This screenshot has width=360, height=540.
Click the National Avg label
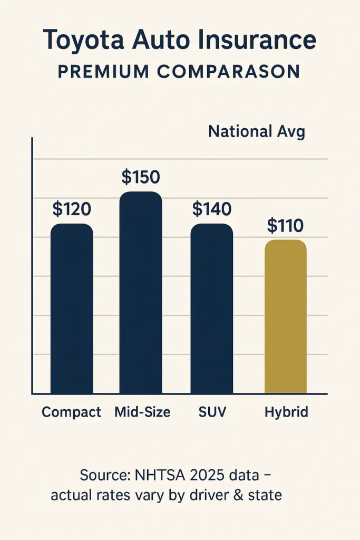pos(257,131)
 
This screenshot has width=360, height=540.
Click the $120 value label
pos(72,209)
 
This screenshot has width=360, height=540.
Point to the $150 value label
pos(141,178)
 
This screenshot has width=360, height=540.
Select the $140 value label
pos(211,209)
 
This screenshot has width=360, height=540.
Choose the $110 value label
pos(285,226)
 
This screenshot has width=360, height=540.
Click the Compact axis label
pos(71,412)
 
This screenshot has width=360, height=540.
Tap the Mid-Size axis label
pos(142,412)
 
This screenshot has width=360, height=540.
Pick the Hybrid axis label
pos(286,412)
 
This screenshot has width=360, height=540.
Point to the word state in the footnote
pos(266,496)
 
